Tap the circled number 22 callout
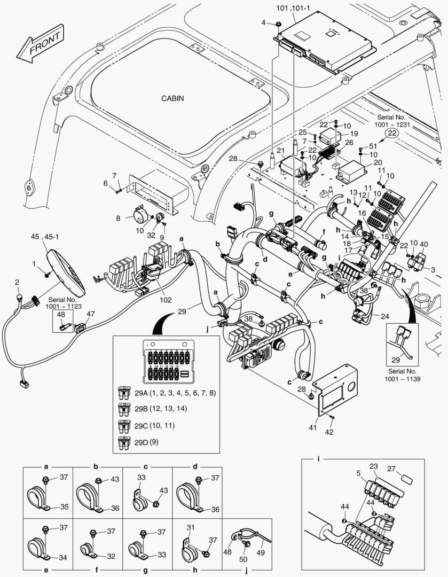coord(392,133)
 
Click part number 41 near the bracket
coord(313,428)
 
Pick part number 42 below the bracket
coord(329,432)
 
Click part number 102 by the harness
coord(166,300)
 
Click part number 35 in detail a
coord(64,506)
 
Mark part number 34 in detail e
coord(63,558)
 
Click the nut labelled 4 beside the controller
coord(278,24)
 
